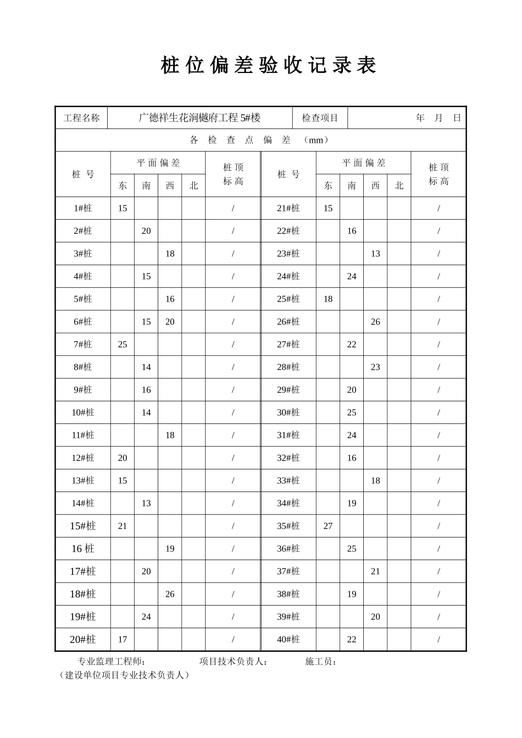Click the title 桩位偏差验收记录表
269,65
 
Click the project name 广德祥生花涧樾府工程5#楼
199,118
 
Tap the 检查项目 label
320,118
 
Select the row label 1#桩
83,208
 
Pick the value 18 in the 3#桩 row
170,254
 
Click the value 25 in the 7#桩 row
123,344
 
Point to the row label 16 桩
83,549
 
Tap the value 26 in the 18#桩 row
170,594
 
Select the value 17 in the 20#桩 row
123,639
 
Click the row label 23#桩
288,254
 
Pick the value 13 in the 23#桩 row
375,254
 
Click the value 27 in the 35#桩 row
328,526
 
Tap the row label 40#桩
288,639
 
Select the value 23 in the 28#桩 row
375,367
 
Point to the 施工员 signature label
321,662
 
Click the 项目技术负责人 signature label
234,662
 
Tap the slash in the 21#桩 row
438,208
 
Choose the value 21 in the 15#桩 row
123,526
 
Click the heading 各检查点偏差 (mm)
260,140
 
